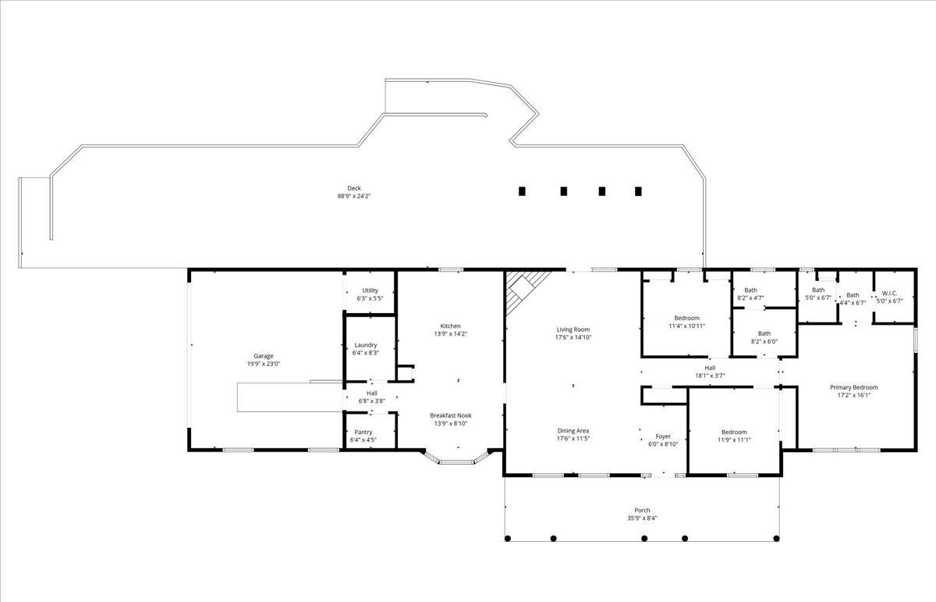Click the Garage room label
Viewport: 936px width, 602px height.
click(264, 356)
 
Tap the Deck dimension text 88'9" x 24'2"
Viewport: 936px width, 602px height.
click(354, 196)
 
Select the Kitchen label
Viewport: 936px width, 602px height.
click(451, 326)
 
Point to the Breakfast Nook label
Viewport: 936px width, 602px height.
click(451, 415)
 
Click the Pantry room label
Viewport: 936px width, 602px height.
click(363, 432)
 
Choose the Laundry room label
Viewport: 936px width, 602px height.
click(366, 345)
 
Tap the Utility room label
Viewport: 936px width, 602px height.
click(370, 290)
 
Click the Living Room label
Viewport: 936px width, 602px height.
click(573, 329)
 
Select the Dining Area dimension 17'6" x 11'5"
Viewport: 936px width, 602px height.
click(573, 439)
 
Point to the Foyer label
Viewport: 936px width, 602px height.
click(663, 436)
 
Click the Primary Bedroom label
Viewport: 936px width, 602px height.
click(853, 387)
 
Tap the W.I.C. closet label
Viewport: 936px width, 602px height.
click(890, 294)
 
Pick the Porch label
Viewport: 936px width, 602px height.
click(642, 511)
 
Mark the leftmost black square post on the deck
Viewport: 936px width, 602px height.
click(522, 191)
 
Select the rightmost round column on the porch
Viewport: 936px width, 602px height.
click(776, 539)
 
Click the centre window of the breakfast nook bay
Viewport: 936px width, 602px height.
click(456, 462)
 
